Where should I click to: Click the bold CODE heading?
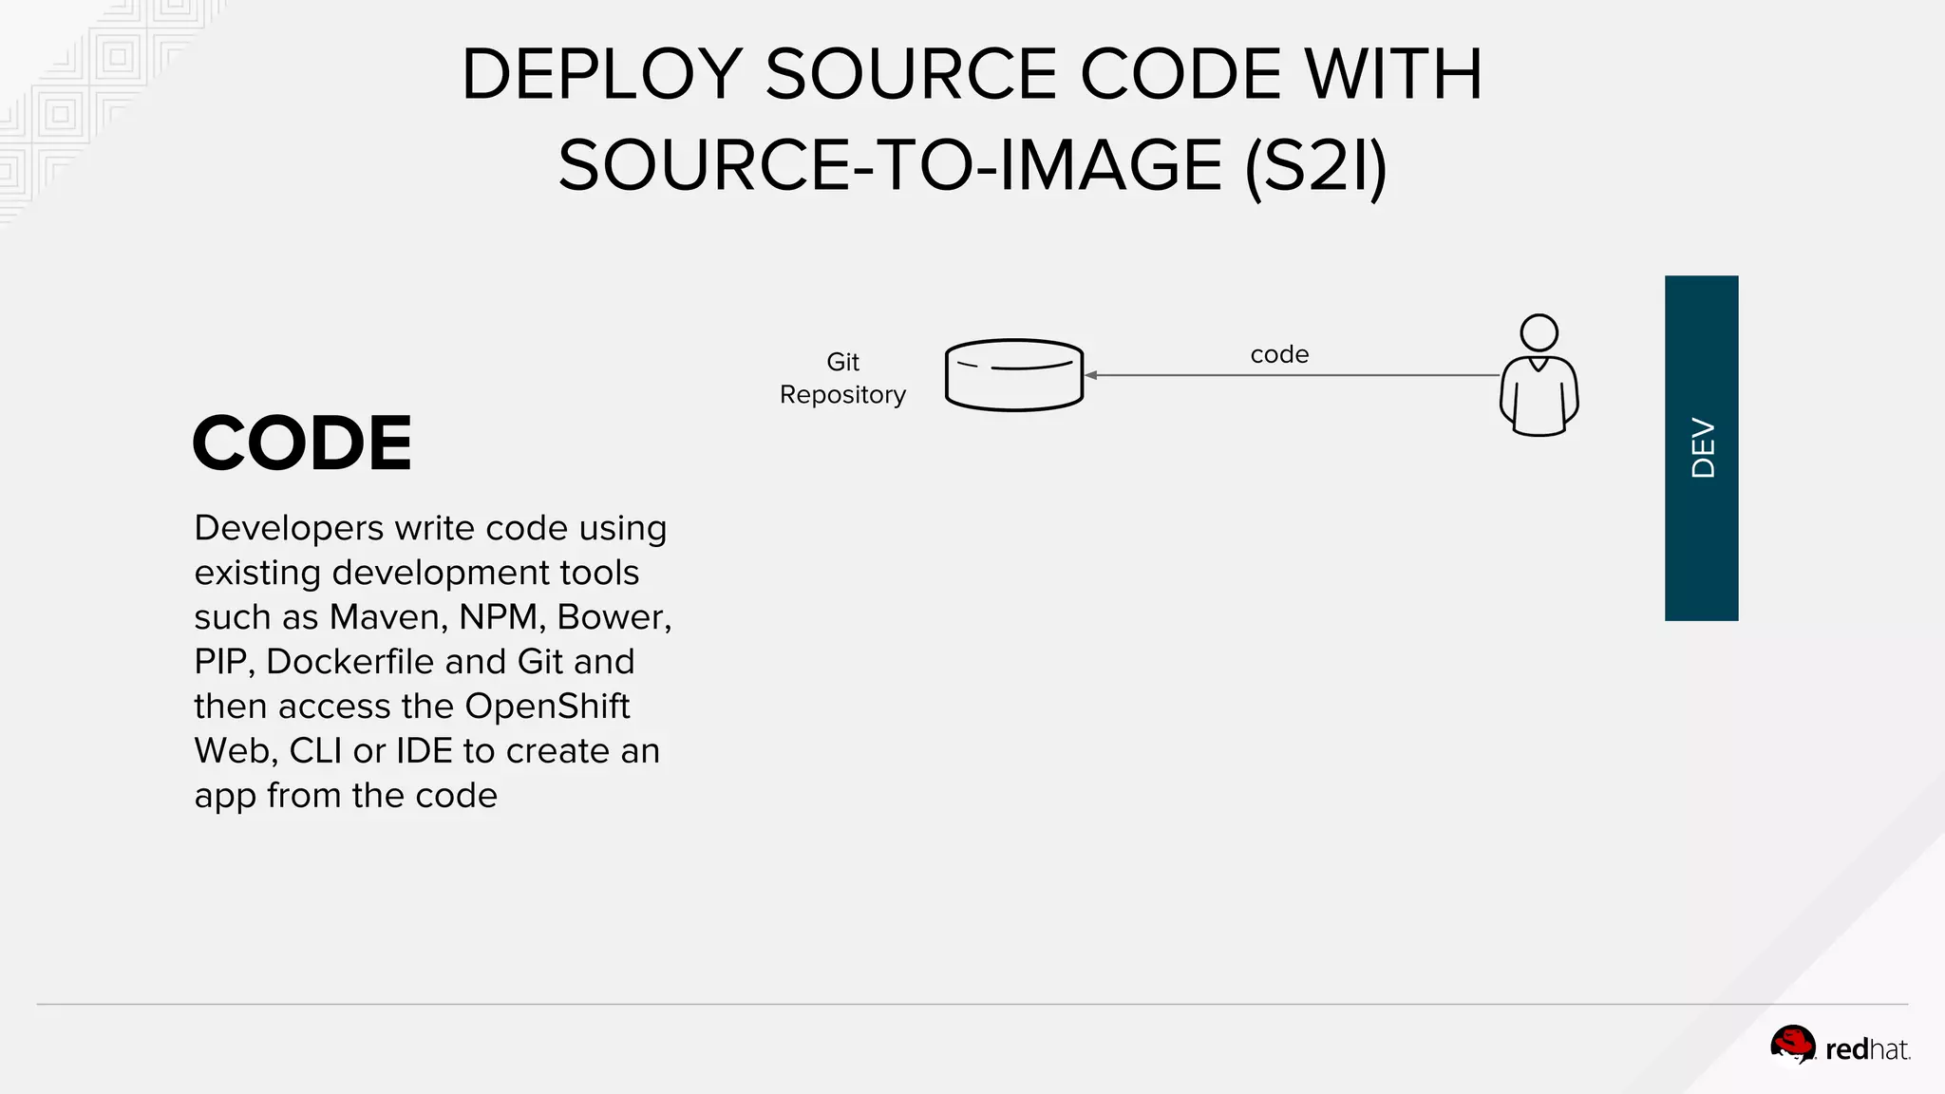coord(302,443)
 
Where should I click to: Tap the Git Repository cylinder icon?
coord(1014,375)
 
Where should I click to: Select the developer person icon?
coord(1539,376)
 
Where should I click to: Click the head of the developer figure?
coord(1539,332)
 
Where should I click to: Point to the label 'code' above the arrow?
coord(1279,355)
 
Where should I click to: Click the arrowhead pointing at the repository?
coord(1091,375)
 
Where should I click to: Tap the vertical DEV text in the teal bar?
coord(1703,448)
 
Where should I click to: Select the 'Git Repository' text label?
coord(842,378)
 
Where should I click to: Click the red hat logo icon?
coord(1792,1046)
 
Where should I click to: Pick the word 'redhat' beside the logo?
coord(1866,1049)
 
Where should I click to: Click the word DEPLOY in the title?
coord(601,74)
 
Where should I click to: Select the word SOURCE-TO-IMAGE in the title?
coord(890,166)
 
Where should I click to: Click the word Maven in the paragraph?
coord(388,617)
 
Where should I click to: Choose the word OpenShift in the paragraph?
coord(546,707)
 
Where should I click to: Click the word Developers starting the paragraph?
coord(289,528)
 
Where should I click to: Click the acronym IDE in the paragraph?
coord(424,751)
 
